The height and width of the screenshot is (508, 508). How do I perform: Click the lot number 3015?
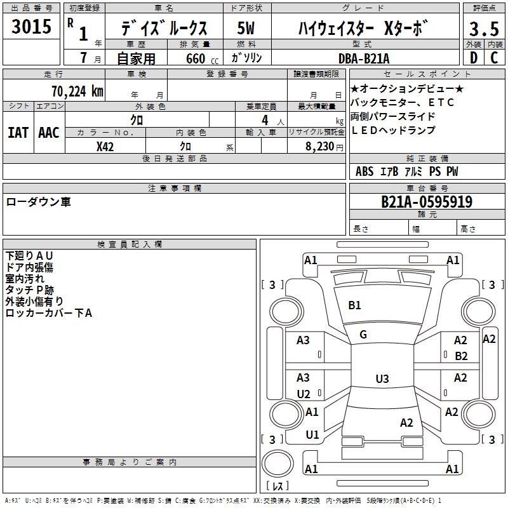pyautogui.click(x=32, y=27)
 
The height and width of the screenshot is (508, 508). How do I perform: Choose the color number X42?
pyautogui.click(x=105, y=146)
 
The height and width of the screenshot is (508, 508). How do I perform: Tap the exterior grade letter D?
pyautogui.click(x=473, y=58)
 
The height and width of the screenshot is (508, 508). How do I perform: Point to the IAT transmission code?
pyautogui.click(x=18, y=132)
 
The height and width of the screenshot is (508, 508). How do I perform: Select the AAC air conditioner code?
pyautogui.click(x=49, y=132)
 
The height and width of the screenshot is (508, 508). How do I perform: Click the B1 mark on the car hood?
pyautogui.click(x=354, y=305)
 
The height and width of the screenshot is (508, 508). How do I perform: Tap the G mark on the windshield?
pyautogui.click(x=363, y=335)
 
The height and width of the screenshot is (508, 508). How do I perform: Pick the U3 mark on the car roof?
pyautogui.click(x=382, y=379)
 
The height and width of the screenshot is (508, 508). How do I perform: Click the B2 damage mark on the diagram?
pyautogui.click(x=461, y=356)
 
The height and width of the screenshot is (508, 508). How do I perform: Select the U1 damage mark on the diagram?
pyautogui.click(x=312, y=435)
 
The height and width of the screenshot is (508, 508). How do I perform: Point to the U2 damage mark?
pyautogui.click(x=304, y=394)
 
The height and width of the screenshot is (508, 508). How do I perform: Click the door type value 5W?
pyautogui.click(x=246, y=27)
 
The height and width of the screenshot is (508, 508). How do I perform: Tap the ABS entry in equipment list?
pyautogui.click(x=364, y=171)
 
